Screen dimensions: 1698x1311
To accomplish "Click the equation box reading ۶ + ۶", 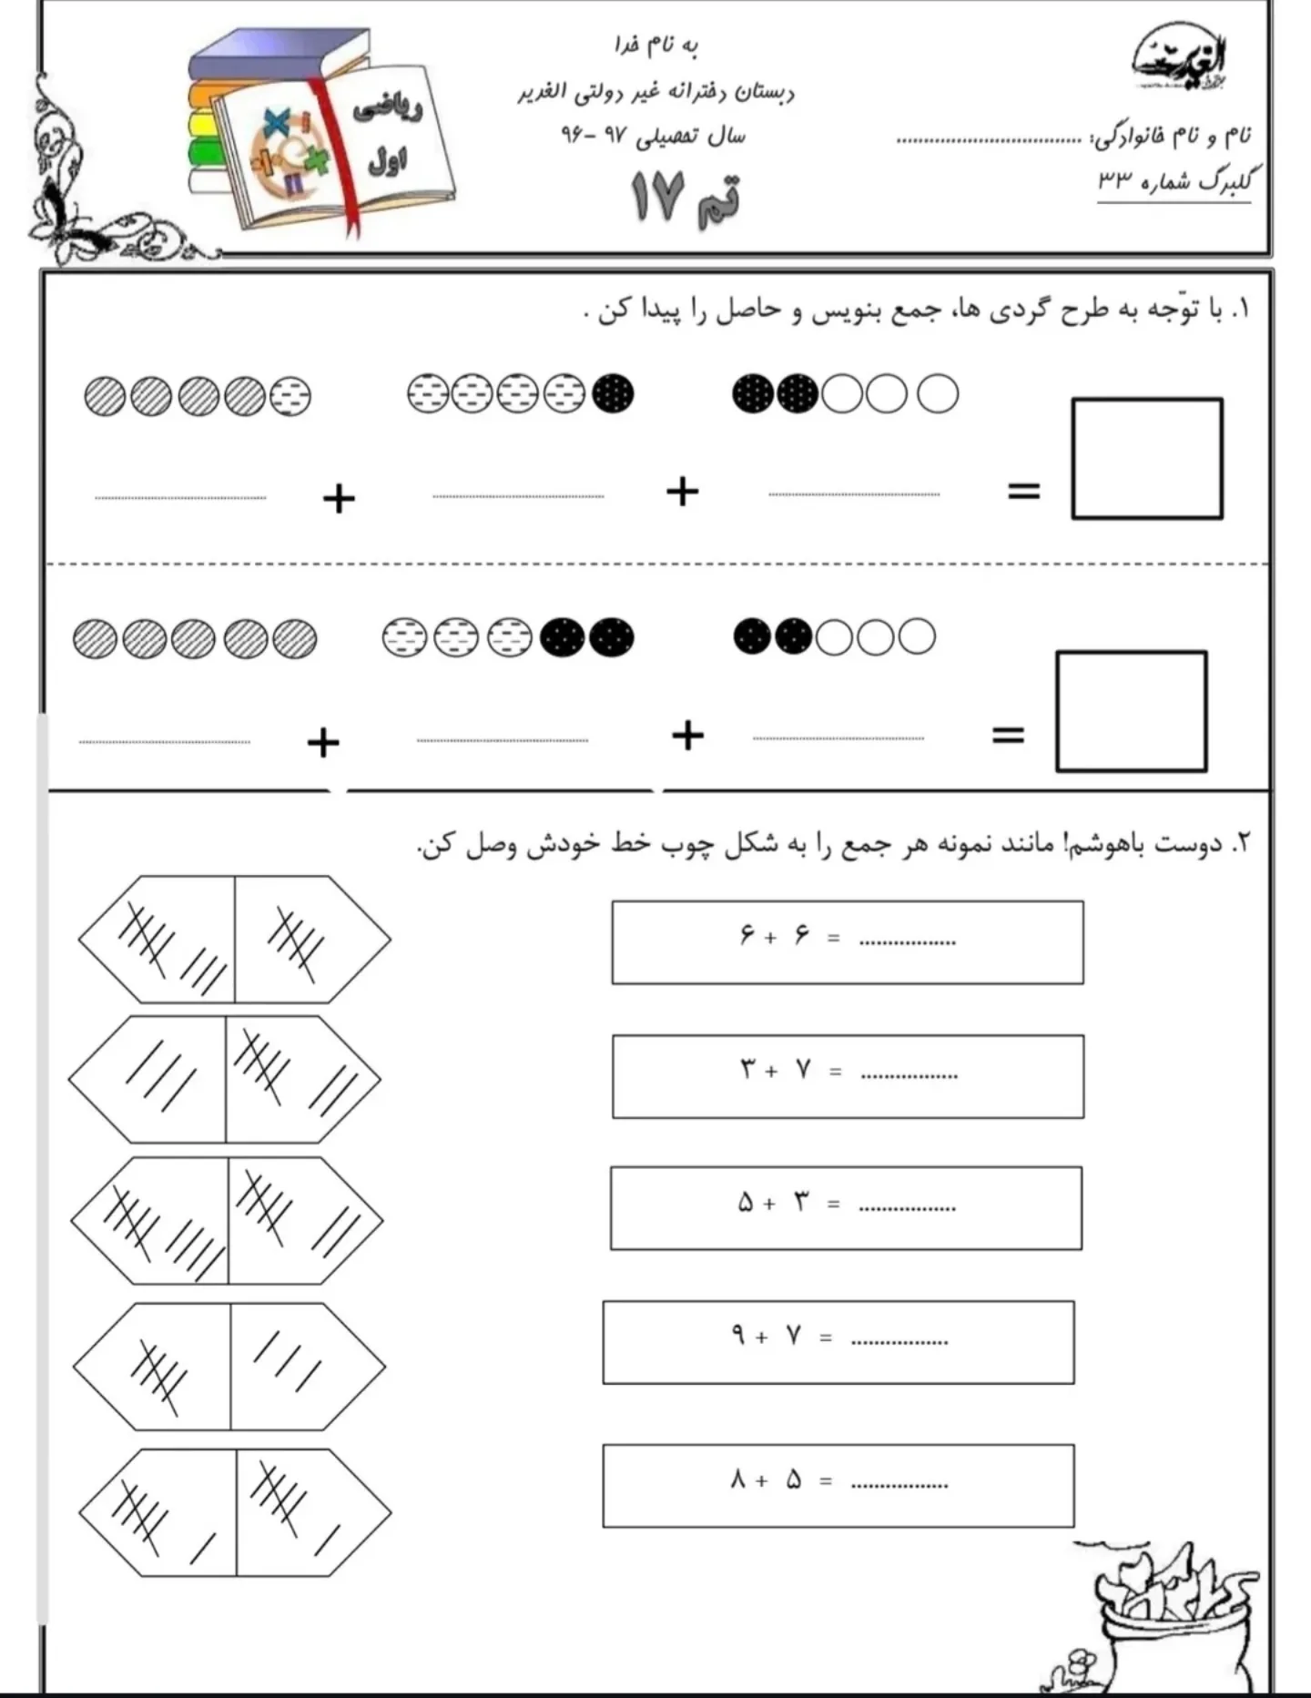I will pyautogui.click(x=847, y=942).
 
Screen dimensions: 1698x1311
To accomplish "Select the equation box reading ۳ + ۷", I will pyautogui.click(x=847, y=1076).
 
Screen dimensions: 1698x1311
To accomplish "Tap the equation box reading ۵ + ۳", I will pyautogui.click(x=846, y=1208).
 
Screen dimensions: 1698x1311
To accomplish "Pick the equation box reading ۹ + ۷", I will pyautogui.click(x=838, y=1342).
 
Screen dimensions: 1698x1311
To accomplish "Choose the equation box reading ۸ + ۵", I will pyautogui.click(x=838, y=1486).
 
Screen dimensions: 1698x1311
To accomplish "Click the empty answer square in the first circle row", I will pyautogui.click(x=1146, y=459).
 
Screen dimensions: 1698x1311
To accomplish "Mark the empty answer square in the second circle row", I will pyautogui.click(x=1131, y=711).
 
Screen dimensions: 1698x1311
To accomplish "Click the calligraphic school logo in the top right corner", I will pyautogui.click(x=1180, y=62).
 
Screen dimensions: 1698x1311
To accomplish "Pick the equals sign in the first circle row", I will pyautogui.click(x=1023, y=492).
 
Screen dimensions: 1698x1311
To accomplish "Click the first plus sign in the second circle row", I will pyautogui.click(x=323, y=742).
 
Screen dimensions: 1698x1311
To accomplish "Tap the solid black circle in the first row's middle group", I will pyautogui.click(x=613, y=394).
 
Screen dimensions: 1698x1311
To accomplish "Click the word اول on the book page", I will pyautogui.click(x=388, y=162).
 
